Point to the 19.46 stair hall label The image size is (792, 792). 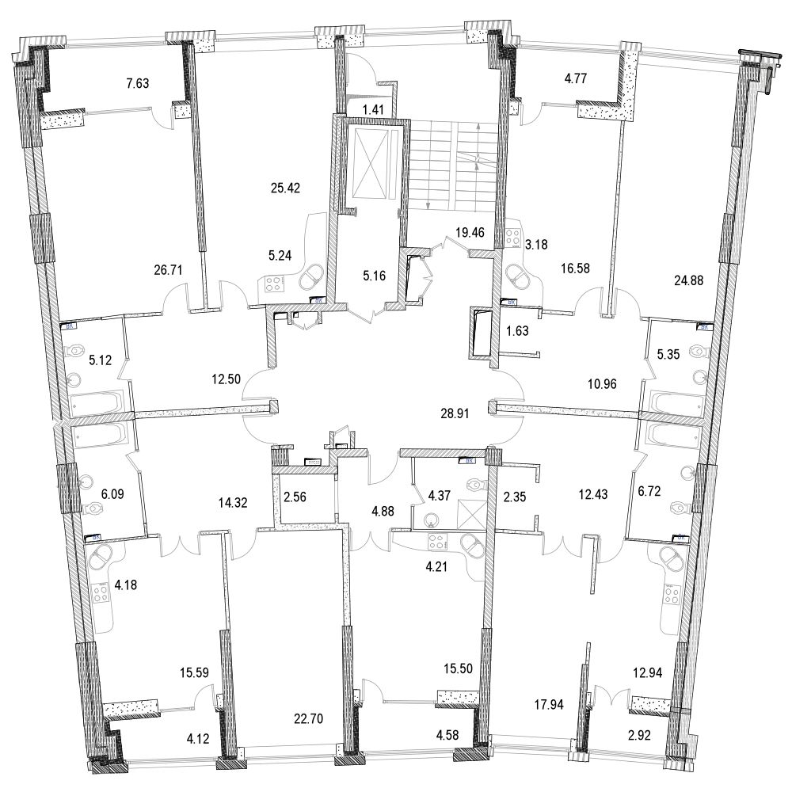click(x=469, y=234)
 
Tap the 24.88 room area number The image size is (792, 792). click(x=688, y=279)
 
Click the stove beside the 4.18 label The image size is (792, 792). click(x=101, y=592)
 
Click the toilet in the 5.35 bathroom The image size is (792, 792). click(x=698, y=351)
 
